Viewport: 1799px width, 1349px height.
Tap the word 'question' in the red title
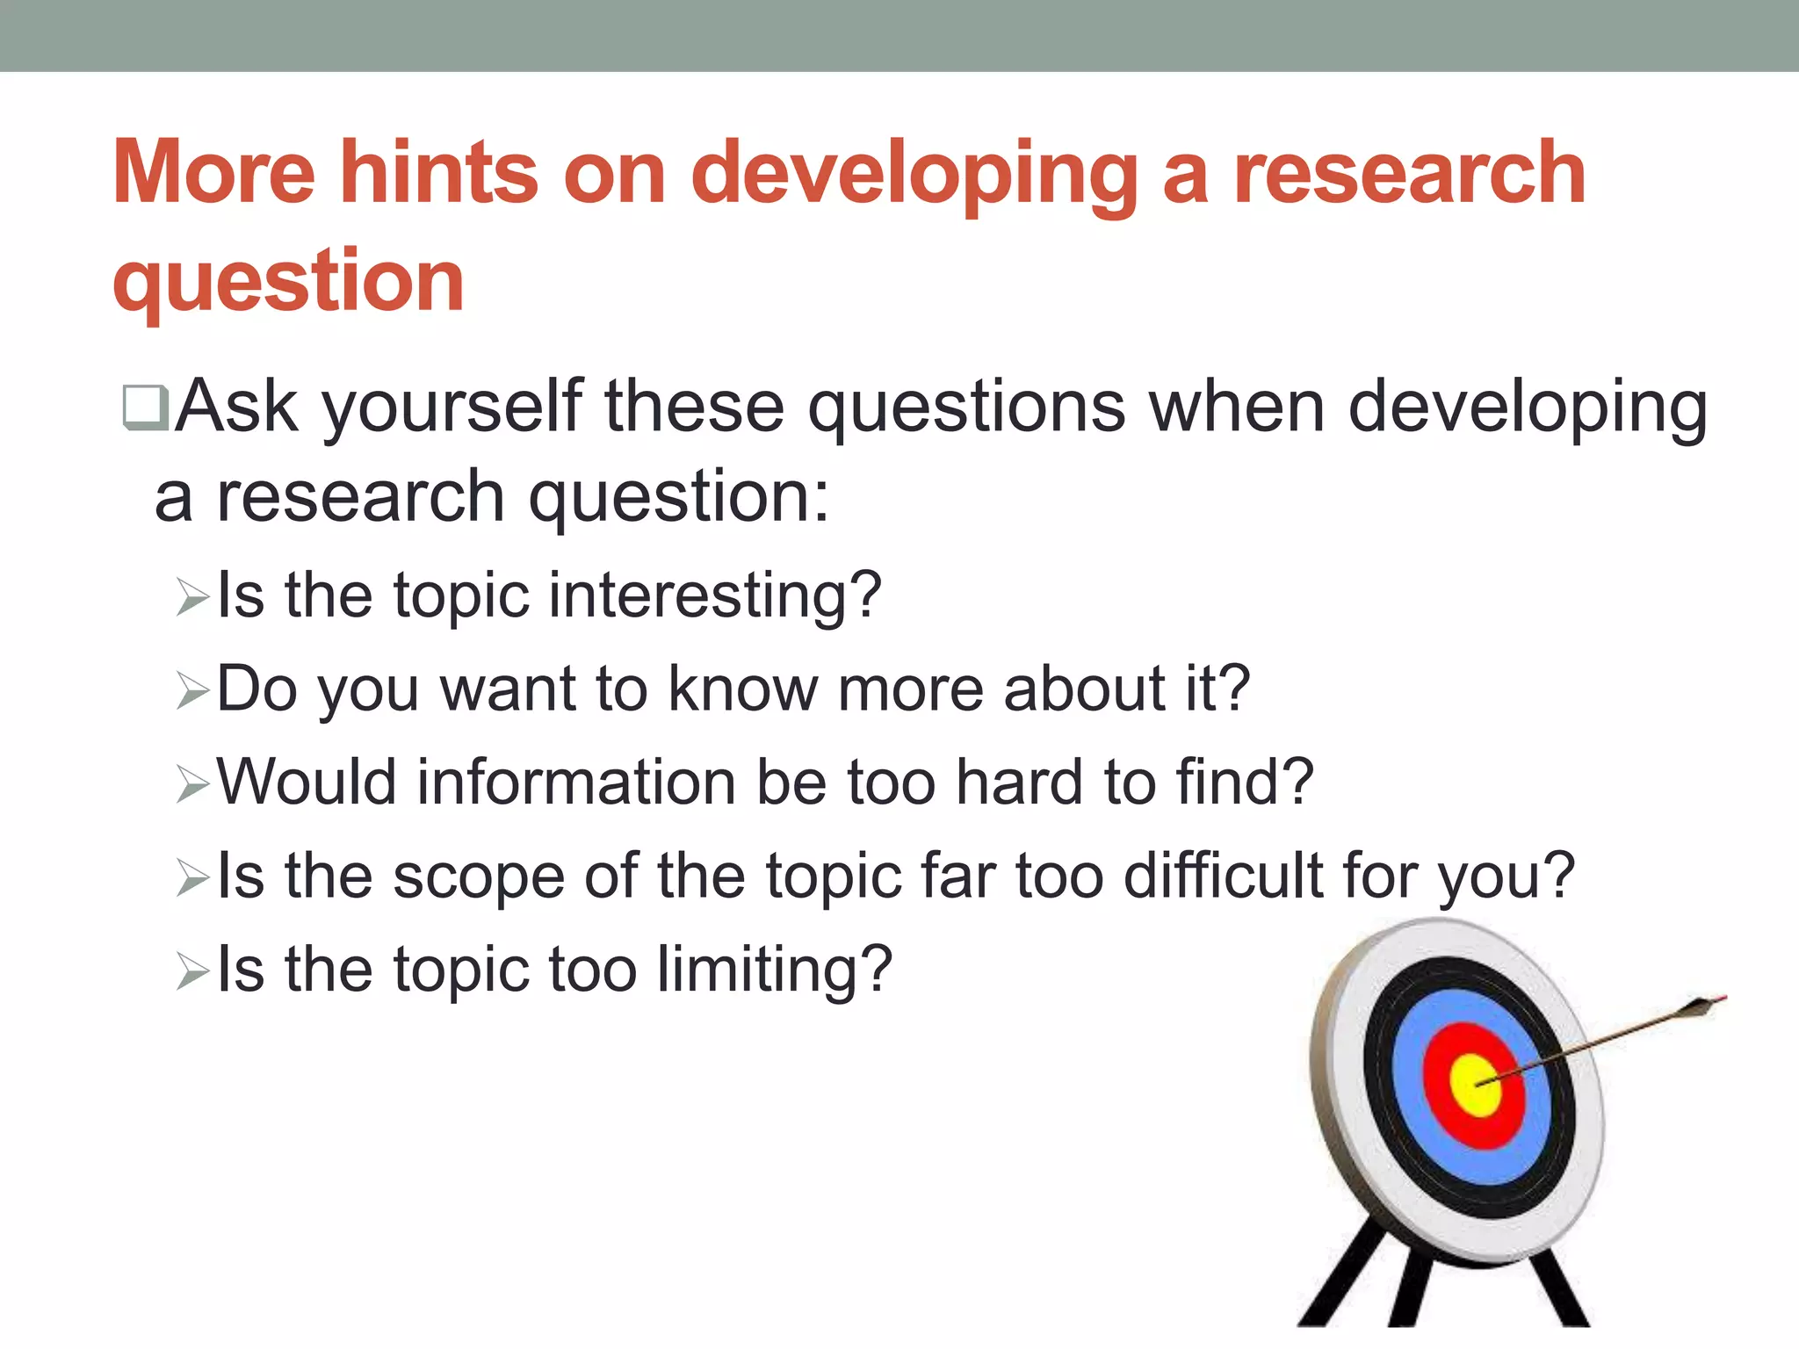(x=288, y=281)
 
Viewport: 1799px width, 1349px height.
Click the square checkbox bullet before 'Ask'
(x=145, y=408)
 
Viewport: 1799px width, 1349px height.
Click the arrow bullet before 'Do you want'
(x=191, y=691)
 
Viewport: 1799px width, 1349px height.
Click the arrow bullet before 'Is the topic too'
(x=191, y=971)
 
